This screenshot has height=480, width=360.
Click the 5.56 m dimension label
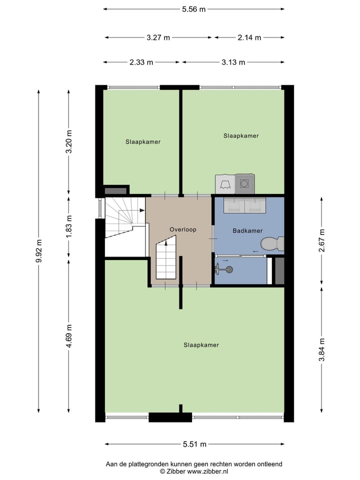[x=193, y=9]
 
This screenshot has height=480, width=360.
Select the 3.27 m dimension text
[x=158, y=37]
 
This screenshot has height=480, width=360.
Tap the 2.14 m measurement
[x=248, y=37]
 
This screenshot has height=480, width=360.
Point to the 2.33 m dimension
[x=141, y=62]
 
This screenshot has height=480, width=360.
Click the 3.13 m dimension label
[x=233, y=62]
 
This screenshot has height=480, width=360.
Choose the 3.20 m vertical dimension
[x=69, y=142]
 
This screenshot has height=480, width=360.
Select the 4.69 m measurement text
[x=69, y=335]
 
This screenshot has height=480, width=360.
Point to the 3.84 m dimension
[x=322, y=350]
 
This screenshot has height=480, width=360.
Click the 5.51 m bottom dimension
[x=194, y=444]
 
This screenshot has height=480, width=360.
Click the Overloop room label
[x=183, y=229]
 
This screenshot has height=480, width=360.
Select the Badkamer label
[x=247, y=231]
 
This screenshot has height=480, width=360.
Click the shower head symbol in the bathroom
[x=228, y=270]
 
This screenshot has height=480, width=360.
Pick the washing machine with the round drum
[x=244, y=183]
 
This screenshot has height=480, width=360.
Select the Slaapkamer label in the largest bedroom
[x=201, y=345]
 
